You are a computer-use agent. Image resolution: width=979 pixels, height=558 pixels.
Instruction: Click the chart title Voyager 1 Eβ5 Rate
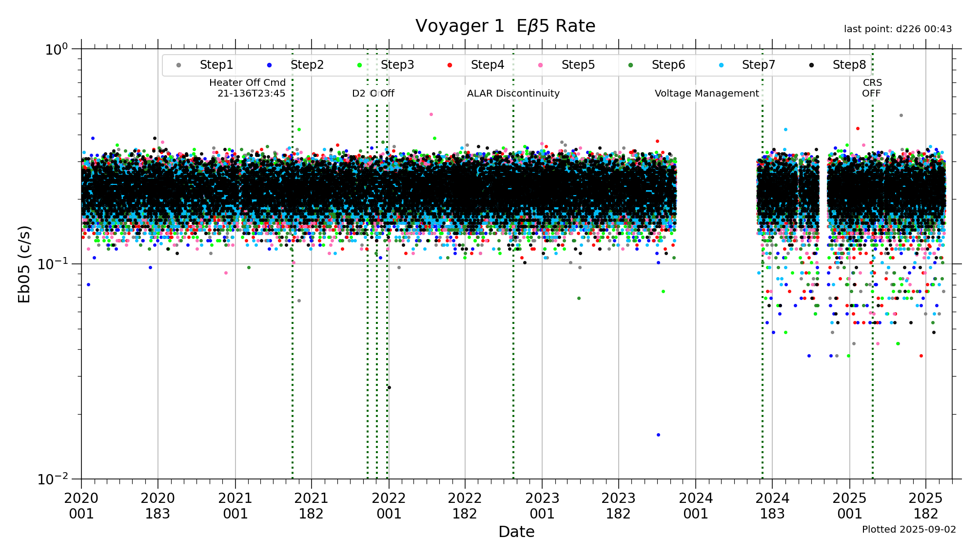(505, 26)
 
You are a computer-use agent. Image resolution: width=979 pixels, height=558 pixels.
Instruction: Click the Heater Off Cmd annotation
(248, 88)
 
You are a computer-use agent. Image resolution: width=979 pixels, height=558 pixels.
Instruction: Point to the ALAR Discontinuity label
(513, 94)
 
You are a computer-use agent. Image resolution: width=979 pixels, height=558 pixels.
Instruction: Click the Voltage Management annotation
(706, 94)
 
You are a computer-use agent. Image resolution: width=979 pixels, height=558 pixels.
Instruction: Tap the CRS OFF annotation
(872, 88)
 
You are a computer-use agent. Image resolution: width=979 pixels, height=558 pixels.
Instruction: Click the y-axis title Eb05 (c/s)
(24, 264)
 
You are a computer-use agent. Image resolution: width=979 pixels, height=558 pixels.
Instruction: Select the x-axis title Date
(516, 532)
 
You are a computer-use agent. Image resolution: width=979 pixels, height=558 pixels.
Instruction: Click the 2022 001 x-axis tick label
(389, 506)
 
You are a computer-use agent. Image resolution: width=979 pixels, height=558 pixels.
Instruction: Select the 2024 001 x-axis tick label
(696, 506)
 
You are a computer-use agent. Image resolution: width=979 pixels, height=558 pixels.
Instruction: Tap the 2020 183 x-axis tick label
(157, 506)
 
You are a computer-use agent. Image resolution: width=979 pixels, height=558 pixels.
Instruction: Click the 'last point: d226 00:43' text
(898, 29)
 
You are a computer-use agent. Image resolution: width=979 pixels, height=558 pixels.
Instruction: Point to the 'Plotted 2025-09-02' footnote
(909, 530)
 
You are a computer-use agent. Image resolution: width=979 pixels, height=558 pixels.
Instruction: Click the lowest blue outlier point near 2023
(658, 435)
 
